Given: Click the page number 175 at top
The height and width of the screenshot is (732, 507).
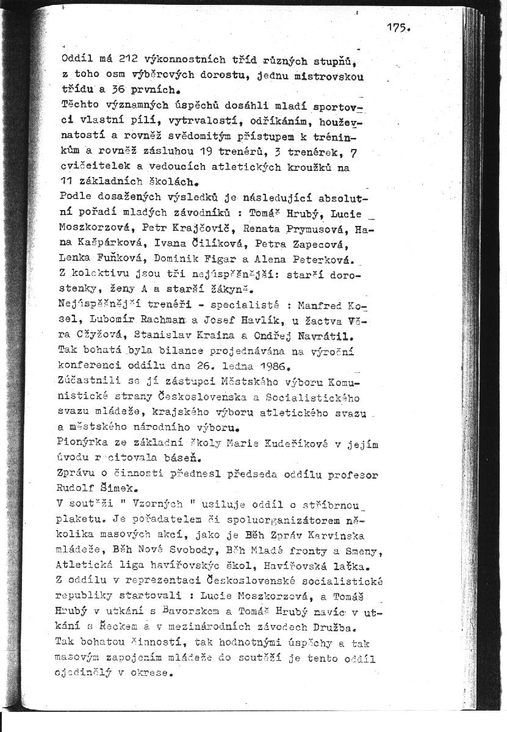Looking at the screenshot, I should pos(399,27).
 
